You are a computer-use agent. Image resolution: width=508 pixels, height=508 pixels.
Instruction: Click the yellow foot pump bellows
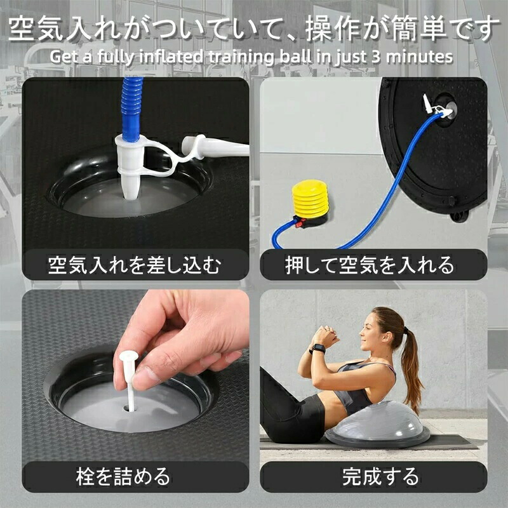(310, 199)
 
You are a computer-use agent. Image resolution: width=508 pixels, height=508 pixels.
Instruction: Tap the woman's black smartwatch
(318, 349)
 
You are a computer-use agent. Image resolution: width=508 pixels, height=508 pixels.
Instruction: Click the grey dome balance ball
(378, 424)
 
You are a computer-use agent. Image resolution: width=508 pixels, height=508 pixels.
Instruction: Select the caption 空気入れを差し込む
(134, 265)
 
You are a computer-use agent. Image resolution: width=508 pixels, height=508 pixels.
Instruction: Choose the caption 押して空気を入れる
(370, 265)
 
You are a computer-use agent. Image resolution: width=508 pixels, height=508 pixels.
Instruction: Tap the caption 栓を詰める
(123, 477)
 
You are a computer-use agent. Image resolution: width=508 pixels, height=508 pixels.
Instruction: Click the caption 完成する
(380, 477)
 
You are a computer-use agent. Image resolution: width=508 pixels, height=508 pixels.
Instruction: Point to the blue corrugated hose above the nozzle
(131, 107)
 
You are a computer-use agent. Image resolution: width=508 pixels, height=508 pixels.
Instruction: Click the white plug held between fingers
(130, 379)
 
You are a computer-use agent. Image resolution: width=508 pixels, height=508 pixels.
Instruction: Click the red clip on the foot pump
(300, 222)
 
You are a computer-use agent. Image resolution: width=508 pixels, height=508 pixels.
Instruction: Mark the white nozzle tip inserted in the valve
(131, 188)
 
